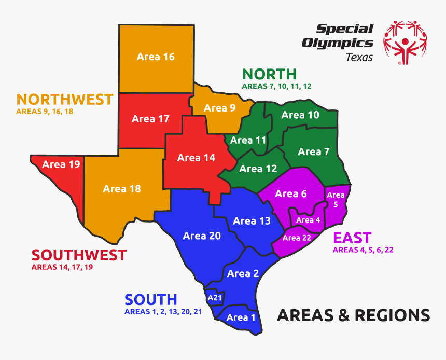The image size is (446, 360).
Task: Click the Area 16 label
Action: [x=156, y=57]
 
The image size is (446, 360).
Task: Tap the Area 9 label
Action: [x=219, y=108]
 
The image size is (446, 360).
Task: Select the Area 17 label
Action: [x=150, y=119]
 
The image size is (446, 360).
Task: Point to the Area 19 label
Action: [x=61, y=164]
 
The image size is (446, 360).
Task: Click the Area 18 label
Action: [x=122, y=189]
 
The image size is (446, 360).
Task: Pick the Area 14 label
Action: [x=196, y=158]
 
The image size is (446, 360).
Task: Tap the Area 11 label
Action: [x=248, y=140]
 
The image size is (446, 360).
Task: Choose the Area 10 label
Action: [x=300, y=115]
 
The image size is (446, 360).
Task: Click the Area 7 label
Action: [x=313, y=151]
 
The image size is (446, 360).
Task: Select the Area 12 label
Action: [x=258, y=169]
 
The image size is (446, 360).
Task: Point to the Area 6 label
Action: [x=291, y=193]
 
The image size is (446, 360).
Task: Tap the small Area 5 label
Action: [x=336, y=200]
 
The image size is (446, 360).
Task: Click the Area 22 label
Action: [x=297, y=238]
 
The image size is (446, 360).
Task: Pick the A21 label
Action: [x=214, y=298]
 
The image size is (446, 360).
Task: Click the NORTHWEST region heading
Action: [x=65, y=99]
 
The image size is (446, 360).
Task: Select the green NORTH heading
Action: [x=269, y=74]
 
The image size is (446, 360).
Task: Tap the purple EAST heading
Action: [x=352, y=238]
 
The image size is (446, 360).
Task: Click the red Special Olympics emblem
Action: [x=405, y=41]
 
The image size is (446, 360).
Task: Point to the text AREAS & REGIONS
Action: [x=353, y=315]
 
